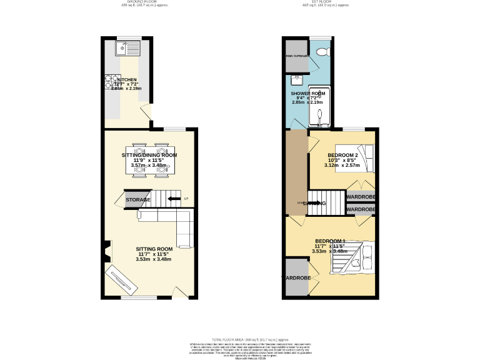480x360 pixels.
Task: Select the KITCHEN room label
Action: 127,80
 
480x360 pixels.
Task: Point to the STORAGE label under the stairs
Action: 137,200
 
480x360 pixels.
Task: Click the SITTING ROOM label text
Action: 154,249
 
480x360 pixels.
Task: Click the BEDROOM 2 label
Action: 342,155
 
